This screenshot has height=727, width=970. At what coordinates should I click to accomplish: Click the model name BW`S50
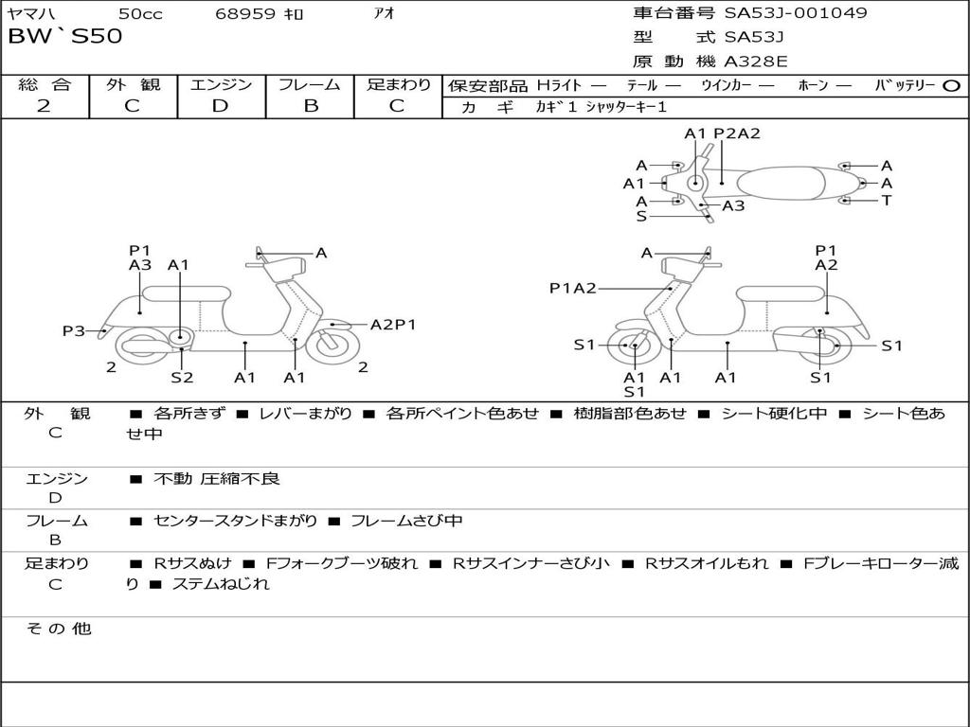pos(64,38)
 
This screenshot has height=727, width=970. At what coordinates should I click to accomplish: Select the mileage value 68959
pos(245,14)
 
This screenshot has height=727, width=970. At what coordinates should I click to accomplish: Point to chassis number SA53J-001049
pos(796,13)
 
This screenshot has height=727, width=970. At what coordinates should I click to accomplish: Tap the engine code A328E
pos(755,62)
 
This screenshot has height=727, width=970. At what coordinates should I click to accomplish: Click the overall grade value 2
pos(44,106)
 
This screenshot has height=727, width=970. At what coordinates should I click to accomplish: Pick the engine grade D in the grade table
pos(221,106)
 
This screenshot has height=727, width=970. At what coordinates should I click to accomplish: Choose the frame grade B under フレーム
pos(310,106)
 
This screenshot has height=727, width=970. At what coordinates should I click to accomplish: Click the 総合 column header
pos(45,84)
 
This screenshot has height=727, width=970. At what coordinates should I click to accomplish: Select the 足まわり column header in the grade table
pos(399,84)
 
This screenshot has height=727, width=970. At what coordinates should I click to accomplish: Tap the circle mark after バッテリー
pos(951,85)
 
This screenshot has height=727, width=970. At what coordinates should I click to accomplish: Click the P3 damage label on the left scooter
pos(74,330)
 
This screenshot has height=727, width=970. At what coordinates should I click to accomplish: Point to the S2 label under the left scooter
pos(182,377)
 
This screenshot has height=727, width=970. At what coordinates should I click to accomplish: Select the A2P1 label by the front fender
pos(393,324)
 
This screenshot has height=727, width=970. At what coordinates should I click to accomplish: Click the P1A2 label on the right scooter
pos(573,289)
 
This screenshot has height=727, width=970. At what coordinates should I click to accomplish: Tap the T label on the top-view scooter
pos(887,200)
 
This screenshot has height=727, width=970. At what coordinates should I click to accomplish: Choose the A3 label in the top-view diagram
pos(733,205)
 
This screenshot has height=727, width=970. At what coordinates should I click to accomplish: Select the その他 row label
pos(58,629)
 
